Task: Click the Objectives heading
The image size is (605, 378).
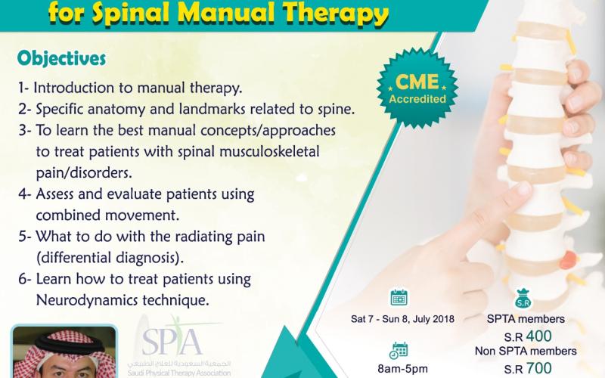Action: (61, 58)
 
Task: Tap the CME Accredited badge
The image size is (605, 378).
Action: (417, 88)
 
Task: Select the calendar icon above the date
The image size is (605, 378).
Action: (399, 297)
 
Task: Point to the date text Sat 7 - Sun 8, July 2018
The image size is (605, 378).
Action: (402, 319)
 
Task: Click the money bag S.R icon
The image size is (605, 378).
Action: (523, 299)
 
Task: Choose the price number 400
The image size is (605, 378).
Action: (538, 336)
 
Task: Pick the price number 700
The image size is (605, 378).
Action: (538, 368)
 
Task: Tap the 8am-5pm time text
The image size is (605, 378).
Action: (402, 369)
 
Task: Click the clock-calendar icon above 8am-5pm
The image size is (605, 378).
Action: (399, 349)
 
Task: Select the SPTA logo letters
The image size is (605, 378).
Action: (172, 340)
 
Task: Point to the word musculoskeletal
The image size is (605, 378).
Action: (269, 151)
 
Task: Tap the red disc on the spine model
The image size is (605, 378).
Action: (569, 259)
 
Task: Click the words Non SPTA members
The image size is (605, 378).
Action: (526, 351)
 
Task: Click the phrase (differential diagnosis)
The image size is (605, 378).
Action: (110, 258)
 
